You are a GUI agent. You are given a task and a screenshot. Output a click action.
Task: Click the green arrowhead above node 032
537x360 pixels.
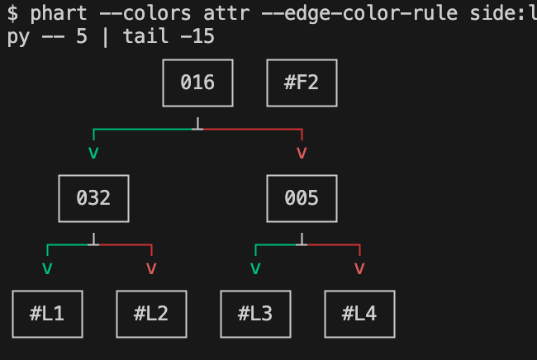tap(93, 153)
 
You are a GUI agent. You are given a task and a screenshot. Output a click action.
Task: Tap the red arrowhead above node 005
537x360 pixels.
tap(302, 153)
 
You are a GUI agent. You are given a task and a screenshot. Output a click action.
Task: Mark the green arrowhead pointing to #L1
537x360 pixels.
tap(47, 268)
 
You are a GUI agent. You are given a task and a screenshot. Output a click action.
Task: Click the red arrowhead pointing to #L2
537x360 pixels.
tap(151, 268)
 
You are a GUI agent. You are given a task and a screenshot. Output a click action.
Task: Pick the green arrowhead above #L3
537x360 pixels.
tap(255, 268)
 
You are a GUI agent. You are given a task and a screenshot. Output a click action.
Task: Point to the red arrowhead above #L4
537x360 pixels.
tap(359, 268)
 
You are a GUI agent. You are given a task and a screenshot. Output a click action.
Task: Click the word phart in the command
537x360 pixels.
tap(59, 14)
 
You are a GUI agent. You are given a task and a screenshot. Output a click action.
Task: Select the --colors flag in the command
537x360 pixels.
tap(145, 14)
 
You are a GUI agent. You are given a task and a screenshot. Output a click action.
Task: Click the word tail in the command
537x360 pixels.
tap(145, 36)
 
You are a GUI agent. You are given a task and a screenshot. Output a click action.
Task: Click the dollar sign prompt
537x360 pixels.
tap(12, 14)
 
